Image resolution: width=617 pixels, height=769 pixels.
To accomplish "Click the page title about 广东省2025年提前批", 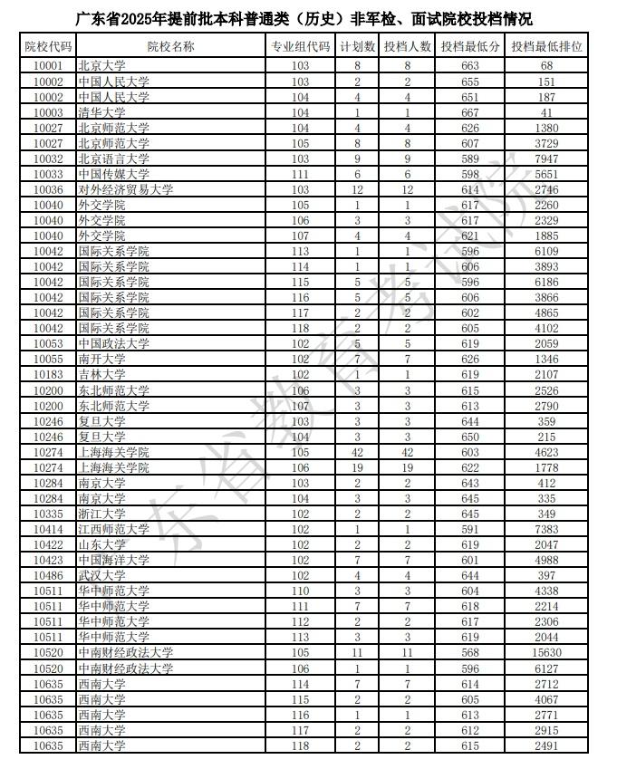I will point(308,18).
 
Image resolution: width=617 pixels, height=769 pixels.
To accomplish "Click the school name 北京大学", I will point(101,66).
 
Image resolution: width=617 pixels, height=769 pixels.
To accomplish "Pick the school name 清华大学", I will point(101,112).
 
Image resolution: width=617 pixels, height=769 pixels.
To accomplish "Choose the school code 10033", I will point(48,174).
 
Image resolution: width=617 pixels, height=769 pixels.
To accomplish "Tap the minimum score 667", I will point(469,112).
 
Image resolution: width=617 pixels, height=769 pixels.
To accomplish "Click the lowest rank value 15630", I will point(545,652).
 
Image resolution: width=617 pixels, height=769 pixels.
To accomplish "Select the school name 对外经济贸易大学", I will point(125,189).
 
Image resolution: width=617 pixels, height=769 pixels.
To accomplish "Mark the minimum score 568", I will point(469,652).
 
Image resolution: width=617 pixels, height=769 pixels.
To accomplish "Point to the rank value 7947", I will point(545,159).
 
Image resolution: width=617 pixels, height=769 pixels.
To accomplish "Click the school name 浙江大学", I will point(101,514).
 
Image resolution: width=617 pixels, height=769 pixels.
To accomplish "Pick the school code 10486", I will point(48,575).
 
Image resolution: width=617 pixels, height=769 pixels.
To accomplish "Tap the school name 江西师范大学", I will point(113,529).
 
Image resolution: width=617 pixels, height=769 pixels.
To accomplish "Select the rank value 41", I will point(545,112).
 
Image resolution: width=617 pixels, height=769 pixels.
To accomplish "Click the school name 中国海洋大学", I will point(113,560).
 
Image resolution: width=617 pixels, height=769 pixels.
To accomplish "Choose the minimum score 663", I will point(469,66).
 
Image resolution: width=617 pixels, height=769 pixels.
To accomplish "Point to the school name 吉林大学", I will point(101,374).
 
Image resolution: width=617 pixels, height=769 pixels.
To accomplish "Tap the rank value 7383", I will point(545,529).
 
